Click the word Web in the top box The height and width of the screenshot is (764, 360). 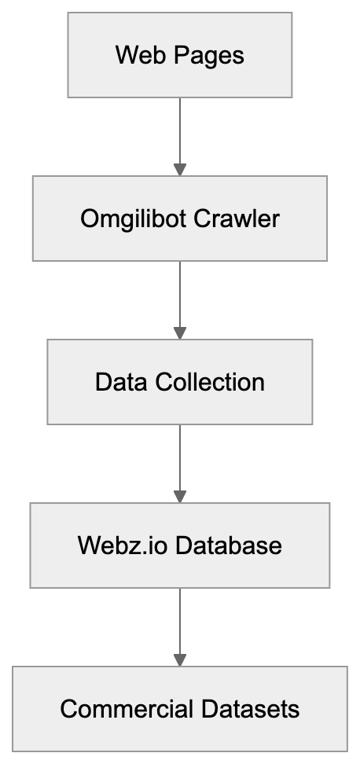point(132,56)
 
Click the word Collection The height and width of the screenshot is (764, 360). point(209,382)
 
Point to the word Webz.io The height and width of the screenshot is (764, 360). point(123,545)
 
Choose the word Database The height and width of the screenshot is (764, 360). point(228,545)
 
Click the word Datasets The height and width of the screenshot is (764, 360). point(251,709)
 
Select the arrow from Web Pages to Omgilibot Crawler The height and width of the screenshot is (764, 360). point(180,134)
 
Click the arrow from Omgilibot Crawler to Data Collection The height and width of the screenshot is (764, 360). point(180,297)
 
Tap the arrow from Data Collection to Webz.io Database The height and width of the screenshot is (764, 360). point(180,461)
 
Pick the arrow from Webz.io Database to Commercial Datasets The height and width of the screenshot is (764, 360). point(180,623)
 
